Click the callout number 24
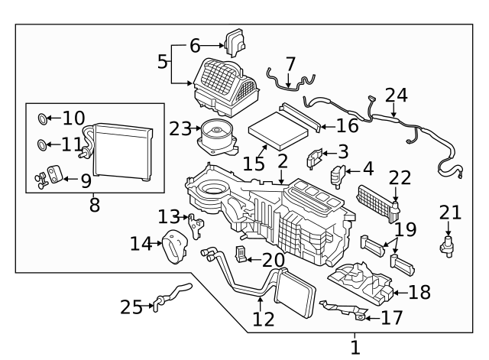[x=396, y=95]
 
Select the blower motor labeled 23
[x=219, y=138]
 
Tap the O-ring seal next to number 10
[x=43, y=119]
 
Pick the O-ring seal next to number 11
[x=42, y=144]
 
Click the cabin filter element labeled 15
[x=278, y=130]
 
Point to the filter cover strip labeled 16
[x=300, y=117]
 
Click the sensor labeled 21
[x=447, y=247]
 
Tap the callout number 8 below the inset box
[x=94, y=205]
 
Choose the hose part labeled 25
[x=173, y=294]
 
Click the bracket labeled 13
[x=196, y=225]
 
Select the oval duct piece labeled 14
[x=175, y=246]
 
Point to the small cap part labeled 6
[x=235, y=43]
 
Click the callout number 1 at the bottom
[x=355, y=348]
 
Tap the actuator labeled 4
[x=338, y=177]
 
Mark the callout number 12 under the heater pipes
[x=264, y=319]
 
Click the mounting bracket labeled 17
[x=345, y=310]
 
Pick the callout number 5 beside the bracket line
[x=163, y=62]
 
